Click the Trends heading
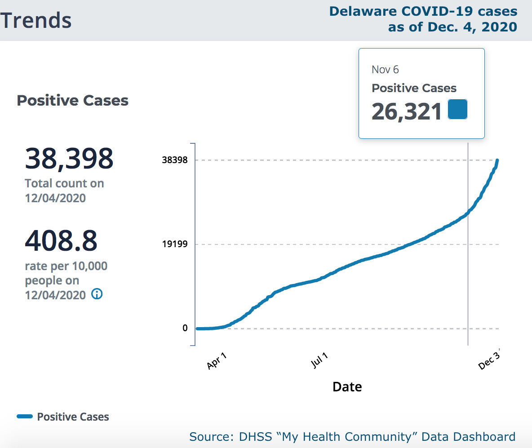[36, 20]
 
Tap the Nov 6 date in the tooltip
[385, 70]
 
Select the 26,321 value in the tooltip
[407, 111]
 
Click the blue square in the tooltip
[457, 109]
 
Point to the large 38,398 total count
[69, 158]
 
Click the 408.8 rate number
[61, 241]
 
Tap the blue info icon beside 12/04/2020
[97, 294]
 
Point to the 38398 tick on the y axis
[175, 160]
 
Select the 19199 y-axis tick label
[175, 244]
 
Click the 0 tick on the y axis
[185, 328]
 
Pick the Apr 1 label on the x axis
[217, 361]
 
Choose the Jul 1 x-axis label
[319, 361]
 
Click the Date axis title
[347, 386]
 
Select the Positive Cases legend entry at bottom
[63, 417]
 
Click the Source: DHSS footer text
[352, 436]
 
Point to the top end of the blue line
[497, 160]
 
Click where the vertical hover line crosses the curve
[468, 212]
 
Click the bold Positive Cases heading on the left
[72, 101]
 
